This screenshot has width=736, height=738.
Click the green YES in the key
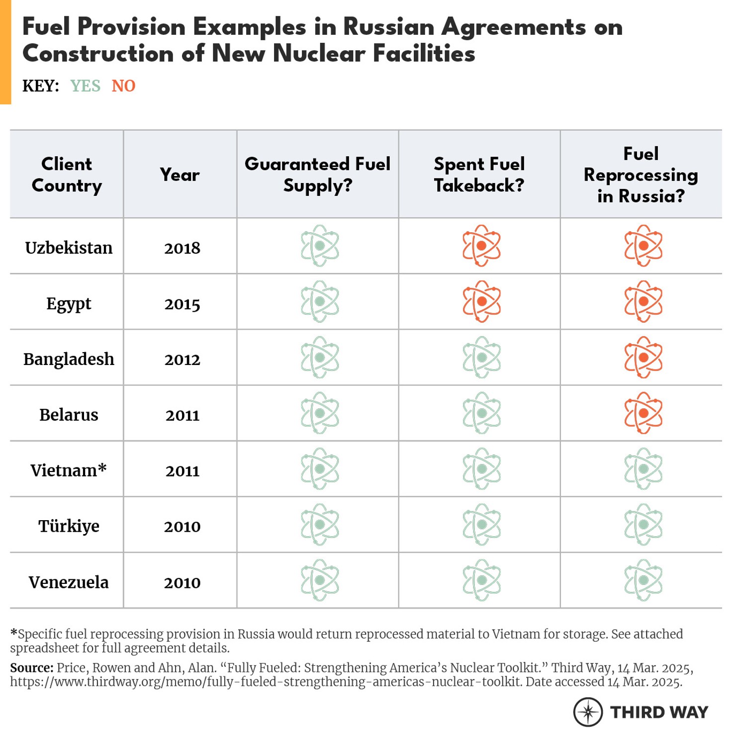pos(85,86)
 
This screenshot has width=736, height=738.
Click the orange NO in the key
pos(123,86)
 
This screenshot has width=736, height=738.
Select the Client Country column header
pos(67,175)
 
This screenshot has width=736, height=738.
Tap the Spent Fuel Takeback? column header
pos(479,175)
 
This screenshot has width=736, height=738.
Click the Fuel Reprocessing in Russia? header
pos(641,175)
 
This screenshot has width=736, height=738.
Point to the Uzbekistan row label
pos(69,248)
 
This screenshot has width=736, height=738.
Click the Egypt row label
pos(69,303)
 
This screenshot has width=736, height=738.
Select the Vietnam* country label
pos(69,470)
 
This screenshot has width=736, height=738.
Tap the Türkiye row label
pos(69,526)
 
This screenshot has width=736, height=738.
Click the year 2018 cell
pos(182,248)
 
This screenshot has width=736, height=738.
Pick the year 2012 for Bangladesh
pos(182,360)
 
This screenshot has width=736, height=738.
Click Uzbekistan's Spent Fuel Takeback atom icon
pos(481,246)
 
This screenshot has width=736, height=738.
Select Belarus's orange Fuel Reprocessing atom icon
pos(643,413)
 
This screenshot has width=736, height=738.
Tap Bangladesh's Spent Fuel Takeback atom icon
pos(481,357)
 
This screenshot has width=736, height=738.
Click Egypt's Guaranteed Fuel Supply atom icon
pos(320,301)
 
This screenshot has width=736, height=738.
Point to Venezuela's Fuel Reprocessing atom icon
pos(643,580)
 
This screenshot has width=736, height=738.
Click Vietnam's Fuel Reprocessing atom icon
pos(643,468)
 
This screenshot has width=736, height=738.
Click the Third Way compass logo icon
pos(588,712)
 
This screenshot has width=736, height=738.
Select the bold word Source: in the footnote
pos(31,668)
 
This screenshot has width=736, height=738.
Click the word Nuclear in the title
pos(319,54)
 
